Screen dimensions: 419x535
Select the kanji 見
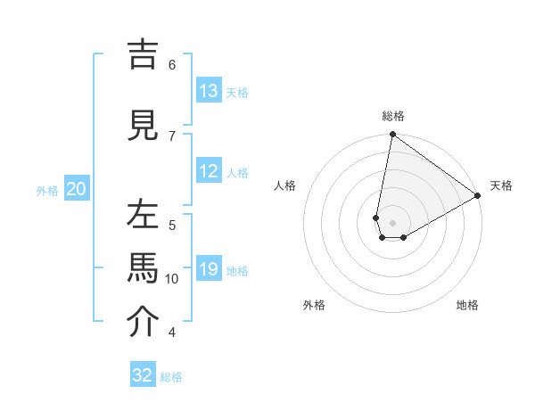point(142,125)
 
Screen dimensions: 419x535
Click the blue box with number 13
point(209,91)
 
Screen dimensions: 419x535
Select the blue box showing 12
point(209,171)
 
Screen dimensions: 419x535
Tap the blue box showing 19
point(209,269)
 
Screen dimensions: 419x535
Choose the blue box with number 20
point(77,189)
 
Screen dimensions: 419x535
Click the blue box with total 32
point(143,374)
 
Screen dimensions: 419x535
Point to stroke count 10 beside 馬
point(172,279)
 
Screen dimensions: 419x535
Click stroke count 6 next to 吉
point(172,64)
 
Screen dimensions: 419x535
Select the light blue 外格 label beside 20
point(47,190)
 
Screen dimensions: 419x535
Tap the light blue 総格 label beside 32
point(171,376)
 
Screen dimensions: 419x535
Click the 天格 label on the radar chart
point(501,185)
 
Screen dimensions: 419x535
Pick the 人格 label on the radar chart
point(285,185)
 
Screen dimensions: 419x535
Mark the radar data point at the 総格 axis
point(392,135)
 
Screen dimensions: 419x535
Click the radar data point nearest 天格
point(478,196)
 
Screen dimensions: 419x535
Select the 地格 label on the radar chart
point(467,306)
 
